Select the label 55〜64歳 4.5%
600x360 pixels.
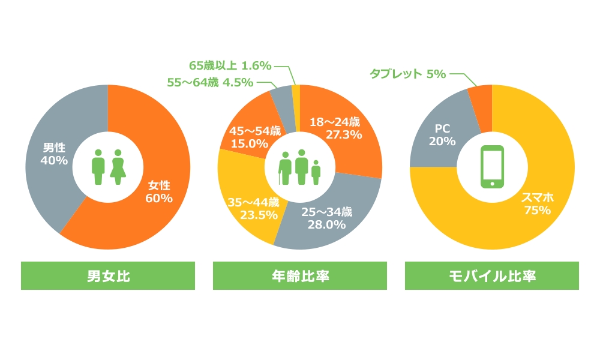210,83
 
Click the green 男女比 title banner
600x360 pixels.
108,276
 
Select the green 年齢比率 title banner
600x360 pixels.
300,276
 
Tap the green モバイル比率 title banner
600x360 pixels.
492,276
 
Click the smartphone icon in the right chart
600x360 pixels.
492,167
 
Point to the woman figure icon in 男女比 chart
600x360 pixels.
118,167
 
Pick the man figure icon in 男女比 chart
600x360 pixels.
98,167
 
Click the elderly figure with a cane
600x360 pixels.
286,169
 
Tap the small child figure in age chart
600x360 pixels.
316,173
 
